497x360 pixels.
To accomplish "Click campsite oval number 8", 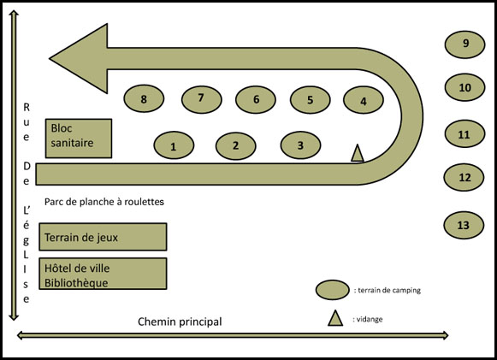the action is point(144,98).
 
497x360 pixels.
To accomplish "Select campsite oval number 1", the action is point(174,145).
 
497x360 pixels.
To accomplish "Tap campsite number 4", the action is point(364,100).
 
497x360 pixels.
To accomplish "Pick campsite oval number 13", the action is point(464,225).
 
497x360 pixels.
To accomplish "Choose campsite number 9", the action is point(465,44).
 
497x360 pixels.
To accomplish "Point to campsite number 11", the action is point(465,133).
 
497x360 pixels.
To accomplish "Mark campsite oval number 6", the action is point(256,99).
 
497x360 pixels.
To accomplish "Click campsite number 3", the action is point(301,145).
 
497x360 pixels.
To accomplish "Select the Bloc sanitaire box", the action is point(79,139).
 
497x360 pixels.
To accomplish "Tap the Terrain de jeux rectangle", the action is point(103,237).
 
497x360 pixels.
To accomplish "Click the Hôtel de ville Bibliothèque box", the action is point(103,274).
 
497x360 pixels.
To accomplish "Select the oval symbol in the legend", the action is point(333,290).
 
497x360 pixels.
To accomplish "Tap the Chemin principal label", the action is point(180,322).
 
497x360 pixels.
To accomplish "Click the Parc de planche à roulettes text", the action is point(104,202).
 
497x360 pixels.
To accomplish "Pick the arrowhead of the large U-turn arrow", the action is point(79,59).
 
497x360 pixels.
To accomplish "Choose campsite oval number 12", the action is point(464,177).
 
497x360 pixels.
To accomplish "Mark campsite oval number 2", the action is point(236,145).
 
